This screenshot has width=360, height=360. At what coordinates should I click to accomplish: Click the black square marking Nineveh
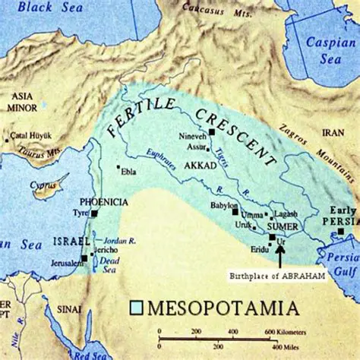(212, 131)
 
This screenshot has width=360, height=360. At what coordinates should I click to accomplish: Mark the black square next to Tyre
(94, 215)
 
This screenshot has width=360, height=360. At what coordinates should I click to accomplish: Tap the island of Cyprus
(49, 185)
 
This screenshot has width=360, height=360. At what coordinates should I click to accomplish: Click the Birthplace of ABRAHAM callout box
(276, 276)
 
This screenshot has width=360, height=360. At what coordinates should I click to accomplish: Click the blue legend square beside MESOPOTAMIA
(137, 308)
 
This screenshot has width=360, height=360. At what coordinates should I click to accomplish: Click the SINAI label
(68, 311)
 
